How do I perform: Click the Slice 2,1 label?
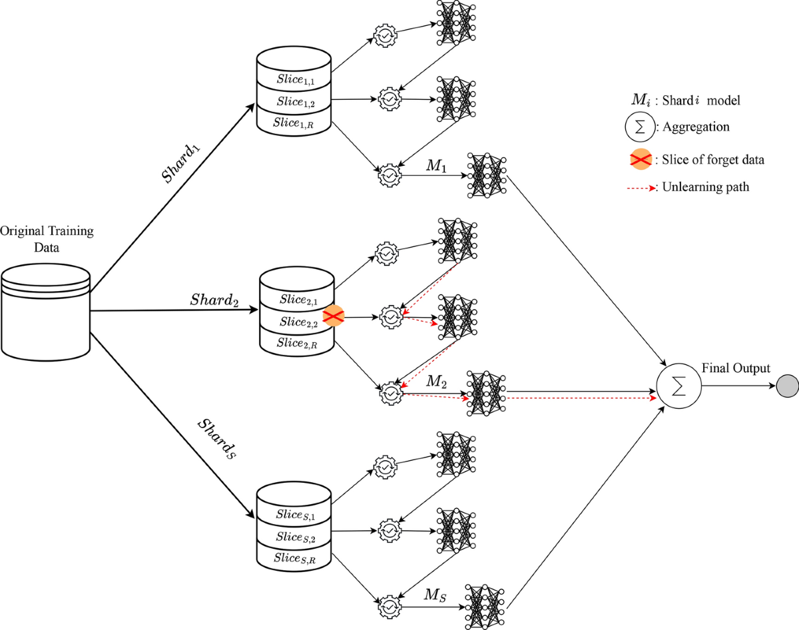pos(297,301)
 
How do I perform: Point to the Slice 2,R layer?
pos(297,343)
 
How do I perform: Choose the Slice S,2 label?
pos(294,537)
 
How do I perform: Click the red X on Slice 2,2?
pos(333,317)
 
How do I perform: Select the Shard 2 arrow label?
pos(214,300)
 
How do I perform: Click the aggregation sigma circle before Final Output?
pos(678,387)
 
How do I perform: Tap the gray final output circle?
pos(787,387)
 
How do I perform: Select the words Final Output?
pos(736,368)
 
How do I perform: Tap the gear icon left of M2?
pos(390,392)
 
